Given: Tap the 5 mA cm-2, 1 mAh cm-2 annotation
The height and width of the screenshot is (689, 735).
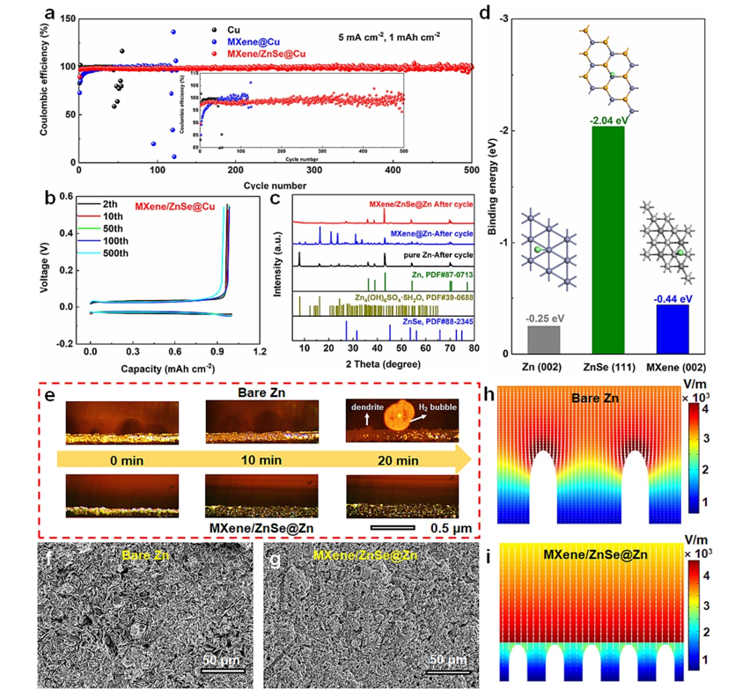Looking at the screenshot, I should click(x=390, y=38).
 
